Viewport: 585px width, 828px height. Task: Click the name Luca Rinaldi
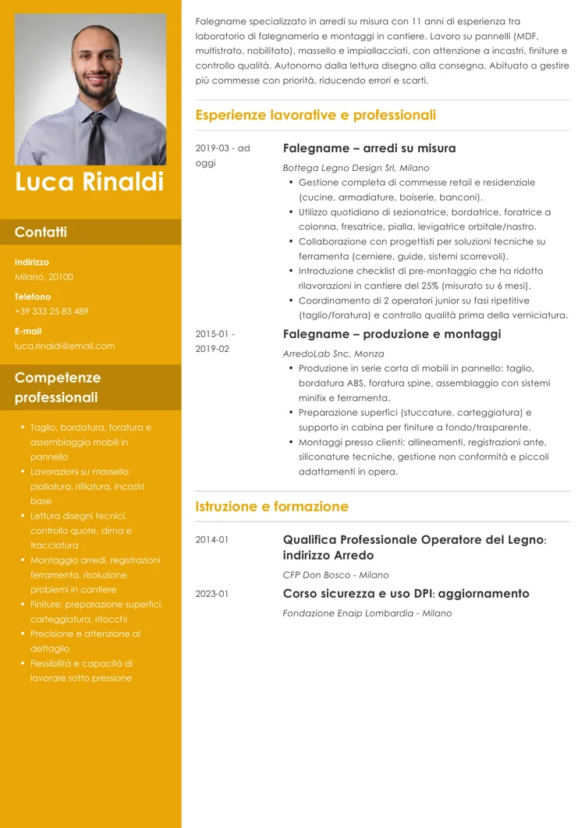90,182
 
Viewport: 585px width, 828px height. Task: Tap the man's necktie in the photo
95,137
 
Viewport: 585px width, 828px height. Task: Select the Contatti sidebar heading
41,232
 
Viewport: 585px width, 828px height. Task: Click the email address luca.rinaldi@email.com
65,346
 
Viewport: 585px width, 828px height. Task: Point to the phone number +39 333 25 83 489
51,311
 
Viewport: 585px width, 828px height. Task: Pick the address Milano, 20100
44,277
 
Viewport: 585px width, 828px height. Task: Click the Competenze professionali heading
58,387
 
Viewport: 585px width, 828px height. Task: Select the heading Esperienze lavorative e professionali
315,115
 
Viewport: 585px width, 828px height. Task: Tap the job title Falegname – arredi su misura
369,148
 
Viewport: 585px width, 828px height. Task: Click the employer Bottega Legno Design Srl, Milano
356,168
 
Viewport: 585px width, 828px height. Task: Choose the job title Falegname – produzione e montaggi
392,334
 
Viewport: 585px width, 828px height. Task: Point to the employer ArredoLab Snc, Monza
333,354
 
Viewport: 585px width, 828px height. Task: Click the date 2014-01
212,539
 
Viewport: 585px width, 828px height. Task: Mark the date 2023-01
212,594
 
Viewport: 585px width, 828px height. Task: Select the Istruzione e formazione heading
271,506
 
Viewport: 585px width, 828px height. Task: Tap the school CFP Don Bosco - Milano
335,575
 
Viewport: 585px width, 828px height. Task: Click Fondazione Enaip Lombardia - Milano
367,613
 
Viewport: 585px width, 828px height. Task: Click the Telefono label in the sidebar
33,297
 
